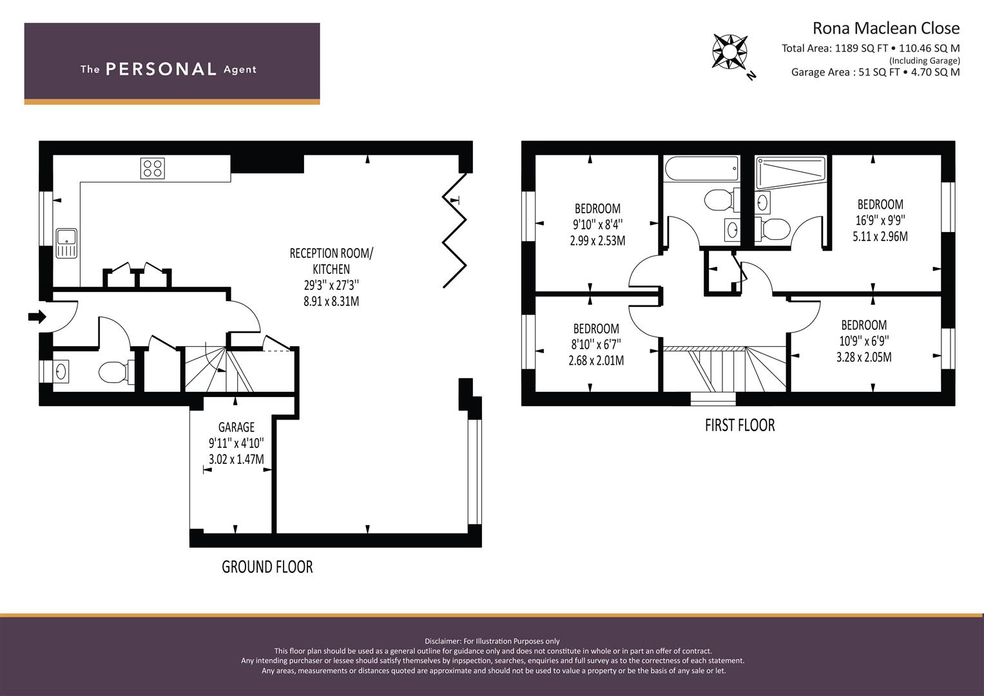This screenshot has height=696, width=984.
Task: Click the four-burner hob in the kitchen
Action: point(153,168)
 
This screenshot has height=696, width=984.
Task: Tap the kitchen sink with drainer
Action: point(66,243)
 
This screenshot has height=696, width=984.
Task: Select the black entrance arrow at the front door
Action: point(37,316)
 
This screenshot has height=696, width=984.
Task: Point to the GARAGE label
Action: point(236,427)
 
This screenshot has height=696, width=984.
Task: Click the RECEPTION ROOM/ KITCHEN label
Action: point(331,261)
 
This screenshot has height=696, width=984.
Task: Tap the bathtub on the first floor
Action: point(702,168)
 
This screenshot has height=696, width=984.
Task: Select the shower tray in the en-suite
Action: point(791,173)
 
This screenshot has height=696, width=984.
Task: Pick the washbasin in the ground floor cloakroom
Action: point(61,372)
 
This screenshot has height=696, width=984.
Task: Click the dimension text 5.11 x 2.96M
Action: point(880,237)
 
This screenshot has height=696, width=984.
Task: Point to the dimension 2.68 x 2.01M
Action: point(596,361)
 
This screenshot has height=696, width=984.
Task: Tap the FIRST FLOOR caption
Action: point(740,425)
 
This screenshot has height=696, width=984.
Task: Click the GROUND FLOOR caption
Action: point(267,567)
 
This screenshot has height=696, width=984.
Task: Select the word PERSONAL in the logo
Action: point(161,70)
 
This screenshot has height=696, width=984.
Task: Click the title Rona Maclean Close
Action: point(886,28)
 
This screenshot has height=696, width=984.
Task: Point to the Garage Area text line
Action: point(876,72)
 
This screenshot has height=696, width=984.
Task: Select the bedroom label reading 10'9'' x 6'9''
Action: point(864,341)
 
